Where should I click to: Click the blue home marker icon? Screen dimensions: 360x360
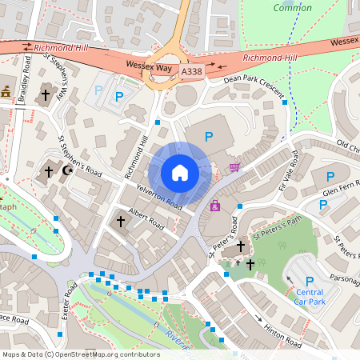tap(180, 172)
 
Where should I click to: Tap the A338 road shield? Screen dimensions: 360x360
tap(192, 71)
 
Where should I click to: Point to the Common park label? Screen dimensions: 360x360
tap(293, 8)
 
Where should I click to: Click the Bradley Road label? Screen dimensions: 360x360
tap(26, 78)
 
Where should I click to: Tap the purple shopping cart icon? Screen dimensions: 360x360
tap(234, 166)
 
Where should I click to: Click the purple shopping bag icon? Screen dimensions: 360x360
tap(214, 206)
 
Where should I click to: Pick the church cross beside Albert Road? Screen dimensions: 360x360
tap(121, 220)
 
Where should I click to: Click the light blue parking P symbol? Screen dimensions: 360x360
tap(99, 90)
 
